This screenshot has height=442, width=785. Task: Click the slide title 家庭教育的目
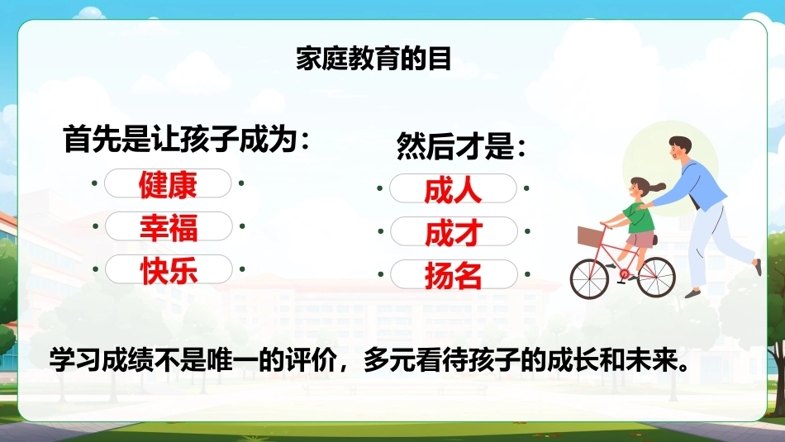373,59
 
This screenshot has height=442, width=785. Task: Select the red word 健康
168,184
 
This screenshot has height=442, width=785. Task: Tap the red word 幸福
169,227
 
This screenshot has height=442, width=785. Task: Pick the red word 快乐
169,271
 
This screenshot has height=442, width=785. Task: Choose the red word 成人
453,190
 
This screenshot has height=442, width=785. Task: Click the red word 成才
454,233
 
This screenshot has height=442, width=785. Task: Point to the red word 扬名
454,276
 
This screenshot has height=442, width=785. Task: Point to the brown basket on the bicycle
591,236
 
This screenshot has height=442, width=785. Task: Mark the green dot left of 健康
94,183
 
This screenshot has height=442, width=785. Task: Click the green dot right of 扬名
527,274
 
